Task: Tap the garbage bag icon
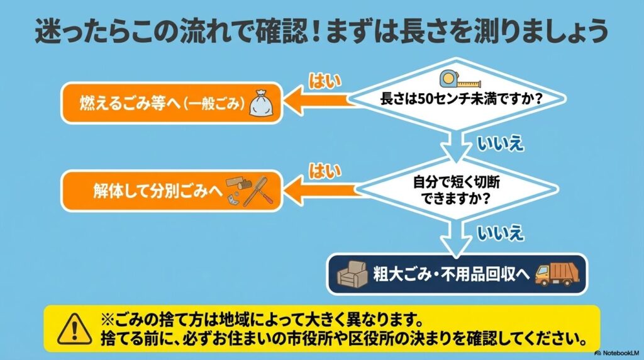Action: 262,103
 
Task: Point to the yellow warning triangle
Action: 71,328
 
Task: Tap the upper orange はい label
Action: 325,81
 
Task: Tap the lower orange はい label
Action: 325,170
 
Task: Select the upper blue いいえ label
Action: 501,143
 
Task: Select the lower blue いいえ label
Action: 501,233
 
